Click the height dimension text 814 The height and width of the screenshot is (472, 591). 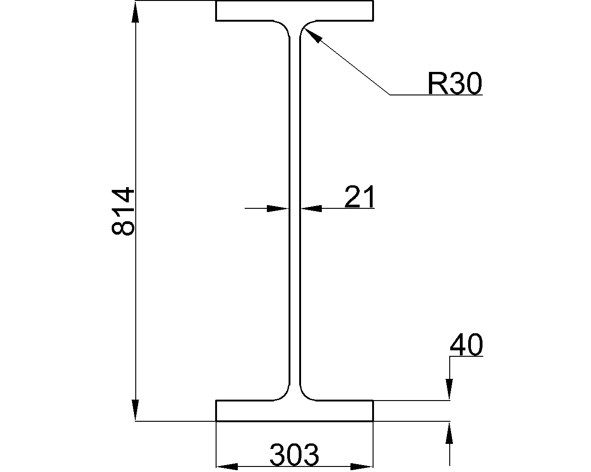tap(123, 211)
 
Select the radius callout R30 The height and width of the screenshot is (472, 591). tap(455, 83)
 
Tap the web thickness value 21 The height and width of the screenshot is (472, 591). tap(359, 197)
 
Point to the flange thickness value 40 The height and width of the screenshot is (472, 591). tap(466, 345)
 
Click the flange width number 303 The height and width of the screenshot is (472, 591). tap(295, 454)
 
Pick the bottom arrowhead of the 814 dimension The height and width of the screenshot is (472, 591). tap(135, 410)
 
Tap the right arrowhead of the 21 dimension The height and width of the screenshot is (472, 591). tap(311, 208)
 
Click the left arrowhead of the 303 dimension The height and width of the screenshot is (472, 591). tap(227, 466)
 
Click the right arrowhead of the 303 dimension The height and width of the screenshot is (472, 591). tap(362, 466)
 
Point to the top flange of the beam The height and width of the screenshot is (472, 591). tap(295, 11)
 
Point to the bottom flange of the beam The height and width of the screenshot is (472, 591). tap(295, 411)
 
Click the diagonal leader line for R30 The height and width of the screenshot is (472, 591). tap(347, 61)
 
